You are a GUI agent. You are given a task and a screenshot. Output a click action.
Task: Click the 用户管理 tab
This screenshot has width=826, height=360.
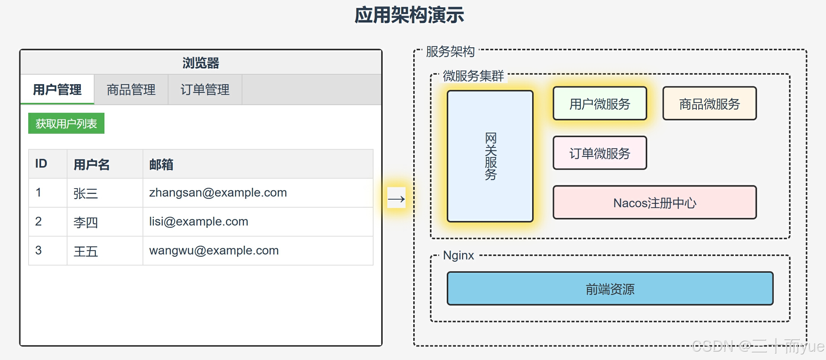(57, 90)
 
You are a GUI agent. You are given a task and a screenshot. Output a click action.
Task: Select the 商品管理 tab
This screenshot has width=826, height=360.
(131, 90)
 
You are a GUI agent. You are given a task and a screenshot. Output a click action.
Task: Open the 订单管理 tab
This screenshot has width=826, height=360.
(205, 90)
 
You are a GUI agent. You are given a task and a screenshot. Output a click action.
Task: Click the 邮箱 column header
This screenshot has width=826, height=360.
(161, 165)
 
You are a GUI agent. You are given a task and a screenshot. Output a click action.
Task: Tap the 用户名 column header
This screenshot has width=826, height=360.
(91, 165)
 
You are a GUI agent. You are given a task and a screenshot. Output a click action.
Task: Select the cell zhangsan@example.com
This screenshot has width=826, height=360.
(218, 193)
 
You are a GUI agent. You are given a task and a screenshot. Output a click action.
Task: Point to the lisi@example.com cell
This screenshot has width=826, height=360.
(199, 222)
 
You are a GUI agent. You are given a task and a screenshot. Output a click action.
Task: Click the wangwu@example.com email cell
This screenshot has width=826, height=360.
(214, 251)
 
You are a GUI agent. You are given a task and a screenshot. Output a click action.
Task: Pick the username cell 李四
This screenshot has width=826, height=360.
(86, 222)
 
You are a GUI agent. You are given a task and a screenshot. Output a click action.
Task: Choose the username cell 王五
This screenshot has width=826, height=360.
(86, 251)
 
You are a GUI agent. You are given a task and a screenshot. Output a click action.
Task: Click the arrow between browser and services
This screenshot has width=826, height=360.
(396, 198)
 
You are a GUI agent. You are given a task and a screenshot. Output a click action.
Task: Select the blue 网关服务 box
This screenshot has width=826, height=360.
(490, 156)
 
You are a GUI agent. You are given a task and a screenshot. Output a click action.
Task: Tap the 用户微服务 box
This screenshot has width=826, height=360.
(600, 104)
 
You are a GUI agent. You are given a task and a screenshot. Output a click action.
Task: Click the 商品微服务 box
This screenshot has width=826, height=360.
(709, 104)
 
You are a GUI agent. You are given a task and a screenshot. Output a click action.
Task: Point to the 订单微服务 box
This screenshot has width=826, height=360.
(600, 153)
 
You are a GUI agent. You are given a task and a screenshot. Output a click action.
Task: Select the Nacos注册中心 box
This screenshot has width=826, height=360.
(654, 203)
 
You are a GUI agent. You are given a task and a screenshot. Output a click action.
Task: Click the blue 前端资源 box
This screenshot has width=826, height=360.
(610, 289)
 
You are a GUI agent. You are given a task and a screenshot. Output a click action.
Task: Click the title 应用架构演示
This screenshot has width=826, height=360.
(409, 15)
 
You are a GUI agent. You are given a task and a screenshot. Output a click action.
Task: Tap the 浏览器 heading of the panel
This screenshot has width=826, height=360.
(201, 63)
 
